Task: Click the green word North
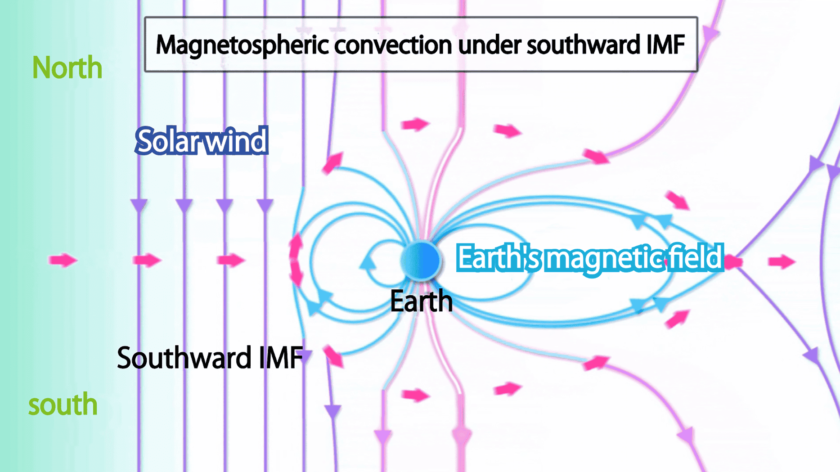point(67,68)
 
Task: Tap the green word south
point(63,404)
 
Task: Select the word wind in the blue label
point(231,141)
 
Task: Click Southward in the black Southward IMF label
point(184,358)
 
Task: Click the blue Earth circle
point(421,261)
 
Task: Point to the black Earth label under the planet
point(421,301)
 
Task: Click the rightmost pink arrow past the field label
point(782,261)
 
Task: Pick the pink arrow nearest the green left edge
point(63,260)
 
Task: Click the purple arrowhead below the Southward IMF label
point(332,411)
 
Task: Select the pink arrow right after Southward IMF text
point(333,356)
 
